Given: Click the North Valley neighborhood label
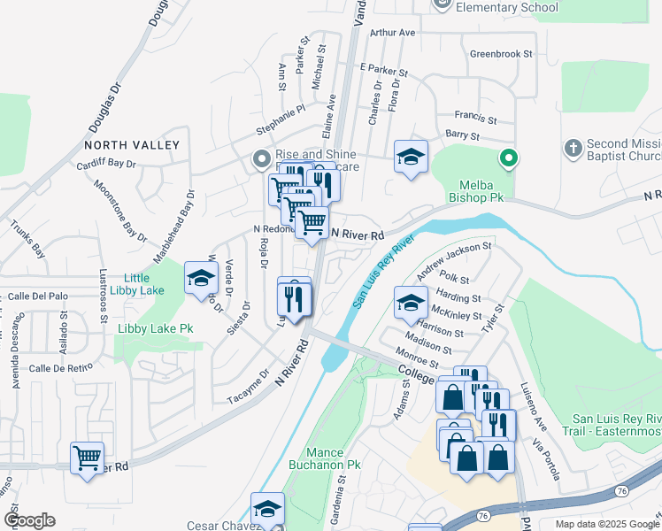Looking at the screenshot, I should click(x=132, y=144).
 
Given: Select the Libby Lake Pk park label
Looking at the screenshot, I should click(x=155, y=328).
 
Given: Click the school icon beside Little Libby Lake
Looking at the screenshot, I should click(x=202, y=278).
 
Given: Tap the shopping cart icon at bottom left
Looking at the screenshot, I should click(x=87, y=458).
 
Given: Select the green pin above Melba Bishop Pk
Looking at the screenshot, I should click(x=508, y=160).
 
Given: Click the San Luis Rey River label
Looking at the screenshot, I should click(x=384, y=271).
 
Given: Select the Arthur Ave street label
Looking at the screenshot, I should click(x=393, y=33).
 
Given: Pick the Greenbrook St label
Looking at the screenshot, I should click(x=501, y=54).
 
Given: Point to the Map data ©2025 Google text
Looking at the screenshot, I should click(x=606, y=524).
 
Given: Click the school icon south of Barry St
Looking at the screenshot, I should click(x=411, y=157).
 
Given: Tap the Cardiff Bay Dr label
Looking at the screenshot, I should click(x=105, y=164).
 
